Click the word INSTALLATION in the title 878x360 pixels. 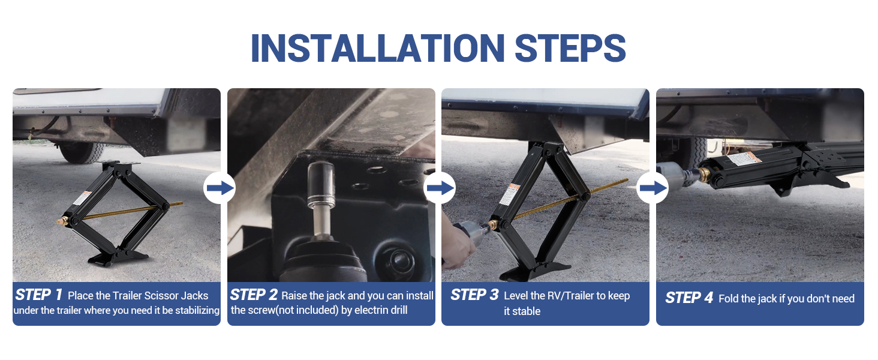378,48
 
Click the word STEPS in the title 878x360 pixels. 570,48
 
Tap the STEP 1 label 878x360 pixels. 39,295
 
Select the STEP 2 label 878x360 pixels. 254,295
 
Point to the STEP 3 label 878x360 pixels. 474,295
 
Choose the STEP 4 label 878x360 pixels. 689,298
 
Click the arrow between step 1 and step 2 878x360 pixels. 220,188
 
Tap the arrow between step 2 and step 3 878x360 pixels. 440,188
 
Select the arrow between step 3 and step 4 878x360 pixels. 653,188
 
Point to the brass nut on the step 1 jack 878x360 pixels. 63,221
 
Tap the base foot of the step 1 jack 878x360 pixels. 118,257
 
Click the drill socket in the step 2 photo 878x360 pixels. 321,184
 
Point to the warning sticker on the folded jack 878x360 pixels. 744,158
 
